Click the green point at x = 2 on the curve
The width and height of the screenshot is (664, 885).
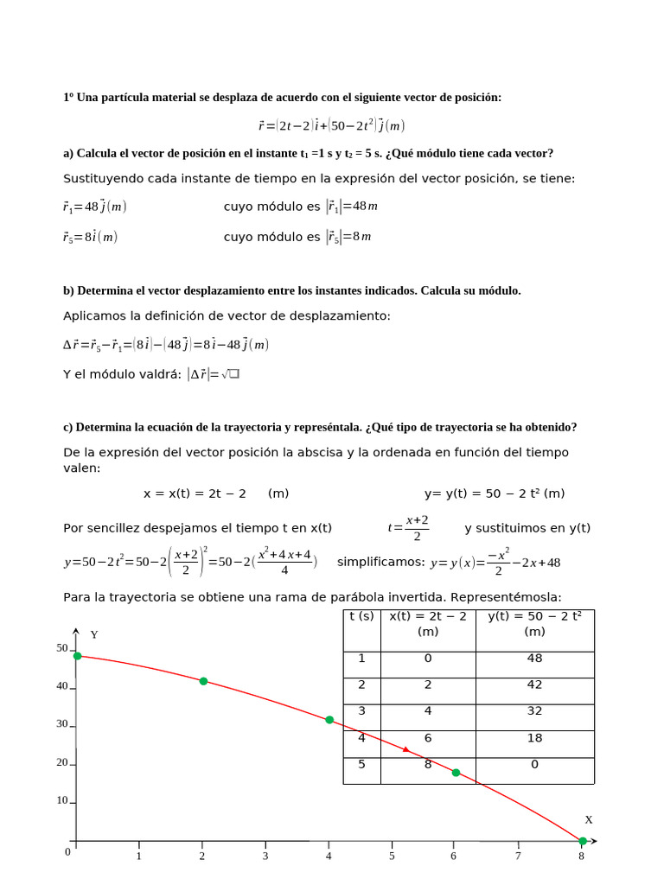click(x=203, y=681)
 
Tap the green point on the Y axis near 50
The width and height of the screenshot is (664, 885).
click(x=77, y=656)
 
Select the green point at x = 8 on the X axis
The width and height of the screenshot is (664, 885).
click(x=583, y=841)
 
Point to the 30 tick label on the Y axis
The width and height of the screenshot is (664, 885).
click(x=62, y=724)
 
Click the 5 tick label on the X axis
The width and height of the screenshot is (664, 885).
click(x=392, y=856)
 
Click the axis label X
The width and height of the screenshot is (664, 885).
click(x=589, y=819)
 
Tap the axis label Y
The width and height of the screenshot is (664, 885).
click(x=94, y=634)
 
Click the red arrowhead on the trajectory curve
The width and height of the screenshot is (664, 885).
click(x=406, y=749)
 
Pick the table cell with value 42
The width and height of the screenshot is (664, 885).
click(x=534, y=684)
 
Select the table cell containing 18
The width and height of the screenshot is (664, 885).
click(x=534, y=738)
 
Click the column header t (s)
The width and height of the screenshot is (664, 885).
click(x=361, y=616)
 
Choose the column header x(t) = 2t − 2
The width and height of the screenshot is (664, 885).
click(x=428, y=623)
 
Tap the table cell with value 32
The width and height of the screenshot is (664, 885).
click(x=534, y=711)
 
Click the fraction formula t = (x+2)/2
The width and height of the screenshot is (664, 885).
click(x=409, y=528)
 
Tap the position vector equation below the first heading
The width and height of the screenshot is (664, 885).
click(x=331, y=126)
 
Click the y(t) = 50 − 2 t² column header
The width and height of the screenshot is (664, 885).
click(x=534, y=623)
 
